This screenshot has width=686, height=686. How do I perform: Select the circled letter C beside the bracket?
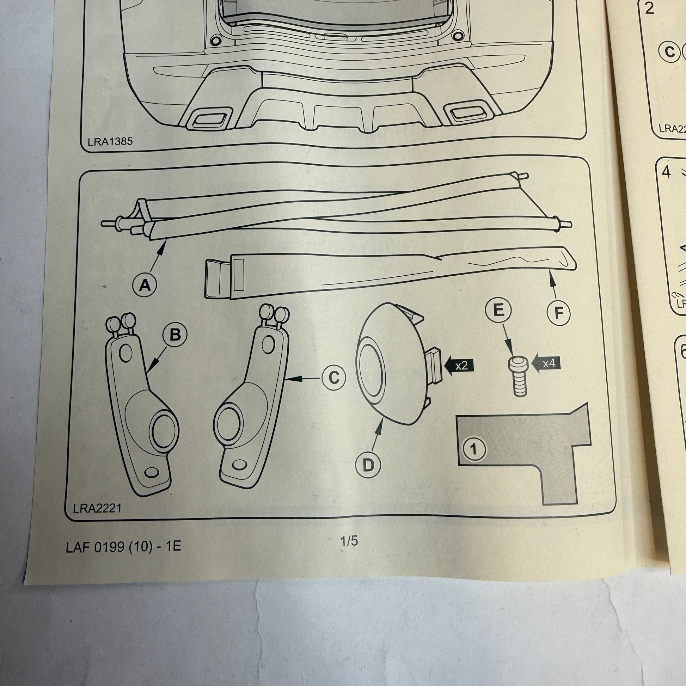tap(333, 378)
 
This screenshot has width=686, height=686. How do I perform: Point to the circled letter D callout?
tap(368, 464)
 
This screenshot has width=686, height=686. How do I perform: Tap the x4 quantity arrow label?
tap(547, 364)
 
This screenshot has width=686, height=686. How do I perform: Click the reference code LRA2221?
tap(97, 508)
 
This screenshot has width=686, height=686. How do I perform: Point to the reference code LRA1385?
tap(110, 141)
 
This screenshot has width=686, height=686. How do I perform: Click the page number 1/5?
tap(349, 541)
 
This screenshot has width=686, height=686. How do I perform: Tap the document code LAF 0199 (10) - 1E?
tap(123, 547)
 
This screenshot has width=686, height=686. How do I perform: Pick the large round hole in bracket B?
tap(164, 430)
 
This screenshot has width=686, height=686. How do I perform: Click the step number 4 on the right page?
tap(667, 172)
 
